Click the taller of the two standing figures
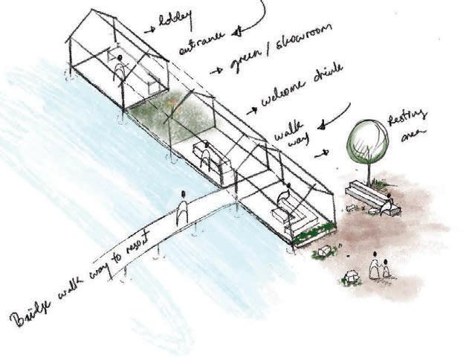tap(375, 266)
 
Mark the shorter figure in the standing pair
tap(387, 270)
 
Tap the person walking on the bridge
tap(182, 209)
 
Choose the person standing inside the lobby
tap(118, 71)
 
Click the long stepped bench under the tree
tap(366, 196)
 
